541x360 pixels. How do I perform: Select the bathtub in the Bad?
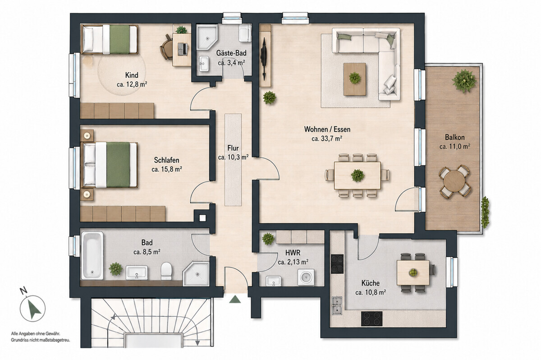92,256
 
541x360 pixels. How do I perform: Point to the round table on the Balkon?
454,181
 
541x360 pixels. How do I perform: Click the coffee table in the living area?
355,79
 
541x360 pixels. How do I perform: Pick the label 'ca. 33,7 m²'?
327,138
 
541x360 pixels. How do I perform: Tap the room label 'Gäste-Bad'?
231,53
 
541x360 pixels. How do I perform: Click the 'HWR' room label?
293,253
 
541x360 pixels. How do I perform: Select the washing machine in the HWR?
306,277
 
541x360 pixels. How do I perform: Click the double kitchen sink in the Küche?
337,305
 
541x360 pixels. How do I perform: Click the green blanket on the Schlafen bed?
118,165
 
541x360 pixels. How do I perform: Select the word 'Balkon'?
455,137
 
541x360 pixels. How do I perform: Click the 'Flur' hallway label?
233,148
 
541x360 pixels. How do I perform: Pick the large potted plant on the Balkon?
464,81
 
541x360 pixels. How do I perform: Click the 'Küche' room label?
371,283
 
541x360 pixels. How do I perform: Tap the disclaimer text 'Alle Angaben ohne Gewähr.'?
36,334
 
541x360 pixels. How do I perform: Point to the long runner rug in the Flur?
233,160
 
